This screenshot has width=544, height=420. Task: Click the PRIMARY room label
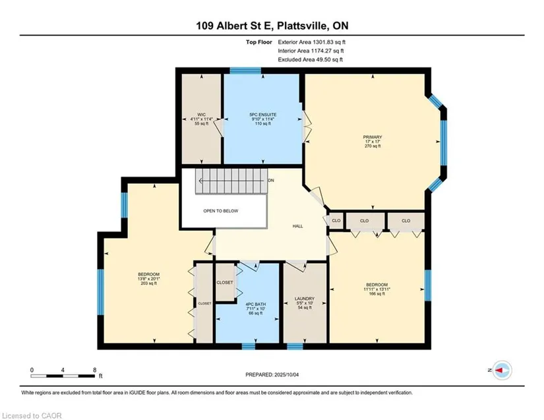pyautogui.click(x=373, y=137)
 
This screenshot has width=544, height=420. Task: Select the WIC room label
pyautogui.click(x=201, y=115)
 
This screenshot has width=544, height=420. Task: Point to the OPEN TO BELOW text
pyautogui.click(x=221, y=211)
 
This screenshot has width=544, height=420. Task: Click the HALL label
pyautogui.click(x=297, y=226)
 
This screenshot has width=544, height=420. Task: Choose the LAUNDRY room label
pyautogui.click(x=305, y=299)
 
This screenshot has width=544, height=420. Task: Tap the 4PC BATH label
pyautogui.click(x=256, y=304)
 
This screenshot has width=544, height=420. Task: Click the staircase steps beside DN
pyautogui.click(x=231, y=181)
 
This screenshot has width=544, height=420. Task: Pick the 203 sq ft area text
pyautogui.click(x=148, y=284)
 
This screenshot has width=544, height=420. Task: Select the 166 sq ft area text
pyautogui.click(x=377, y=294)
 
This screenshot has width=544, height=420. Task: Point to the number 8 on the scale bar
pyautogui.click(x=95, y=370)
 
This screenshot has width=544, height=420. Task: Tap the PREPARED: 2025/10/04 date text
pyautogui.click(x=272, y=375)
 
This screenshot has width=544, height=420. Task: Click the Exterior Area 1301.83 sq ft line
pyautogui.click(x=311, y=42)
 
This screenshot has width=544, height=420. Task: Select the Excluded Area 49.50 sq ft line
pyautogui.click(x=310, y=59)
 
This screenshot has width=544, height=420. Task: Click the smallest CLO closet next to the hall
pyautogui.click(x=336, y=221)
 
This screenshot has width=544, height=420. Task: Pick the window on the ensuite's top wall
pyautogui.click(x=245, y=71)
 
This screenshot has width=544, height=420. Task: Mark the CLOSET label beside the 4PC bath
pyautogui.click(x=225, y=282)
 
